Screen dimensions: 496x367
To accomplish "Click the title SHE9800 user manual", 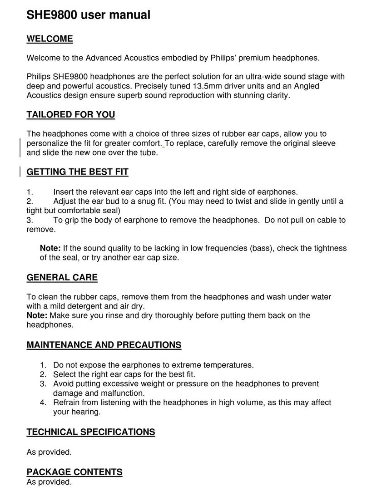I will (x=89, y=15).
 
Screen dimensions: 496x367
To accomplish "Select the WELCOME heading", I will (x=50, y=39).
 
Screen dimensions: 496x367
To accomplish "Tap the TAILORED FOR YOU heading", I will (x=71, y=115).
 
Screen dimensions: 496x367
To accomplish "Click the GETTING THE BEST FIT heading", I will (x=78, y=172).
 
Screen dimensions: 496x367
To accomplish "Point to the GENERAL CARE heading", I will (x=62, y=277).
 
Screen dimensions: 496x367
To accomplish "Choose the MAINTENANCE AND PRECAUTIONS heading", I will (x=104, y=345).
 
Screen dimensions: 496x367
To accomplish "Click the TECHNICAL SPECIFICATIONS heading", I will (x=91, y=432).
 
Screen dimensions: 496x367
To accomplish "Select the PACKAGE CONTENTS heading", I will (x=74, y=472).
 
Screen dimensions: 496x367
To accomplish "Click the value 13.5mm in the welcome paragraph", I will (x=201, y=86).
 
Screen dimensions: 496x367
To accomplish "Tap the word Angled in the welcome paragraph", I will (x=307, y=86).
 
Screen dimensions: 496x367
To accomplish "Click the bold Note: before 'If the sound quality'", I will (x=50, y=248).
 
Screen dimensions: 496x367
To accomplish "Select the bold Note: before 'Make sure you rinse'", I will (x=37, y=315).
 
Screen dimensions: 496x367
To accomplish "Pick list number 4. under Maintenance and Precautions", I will (x=43, y=403).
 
